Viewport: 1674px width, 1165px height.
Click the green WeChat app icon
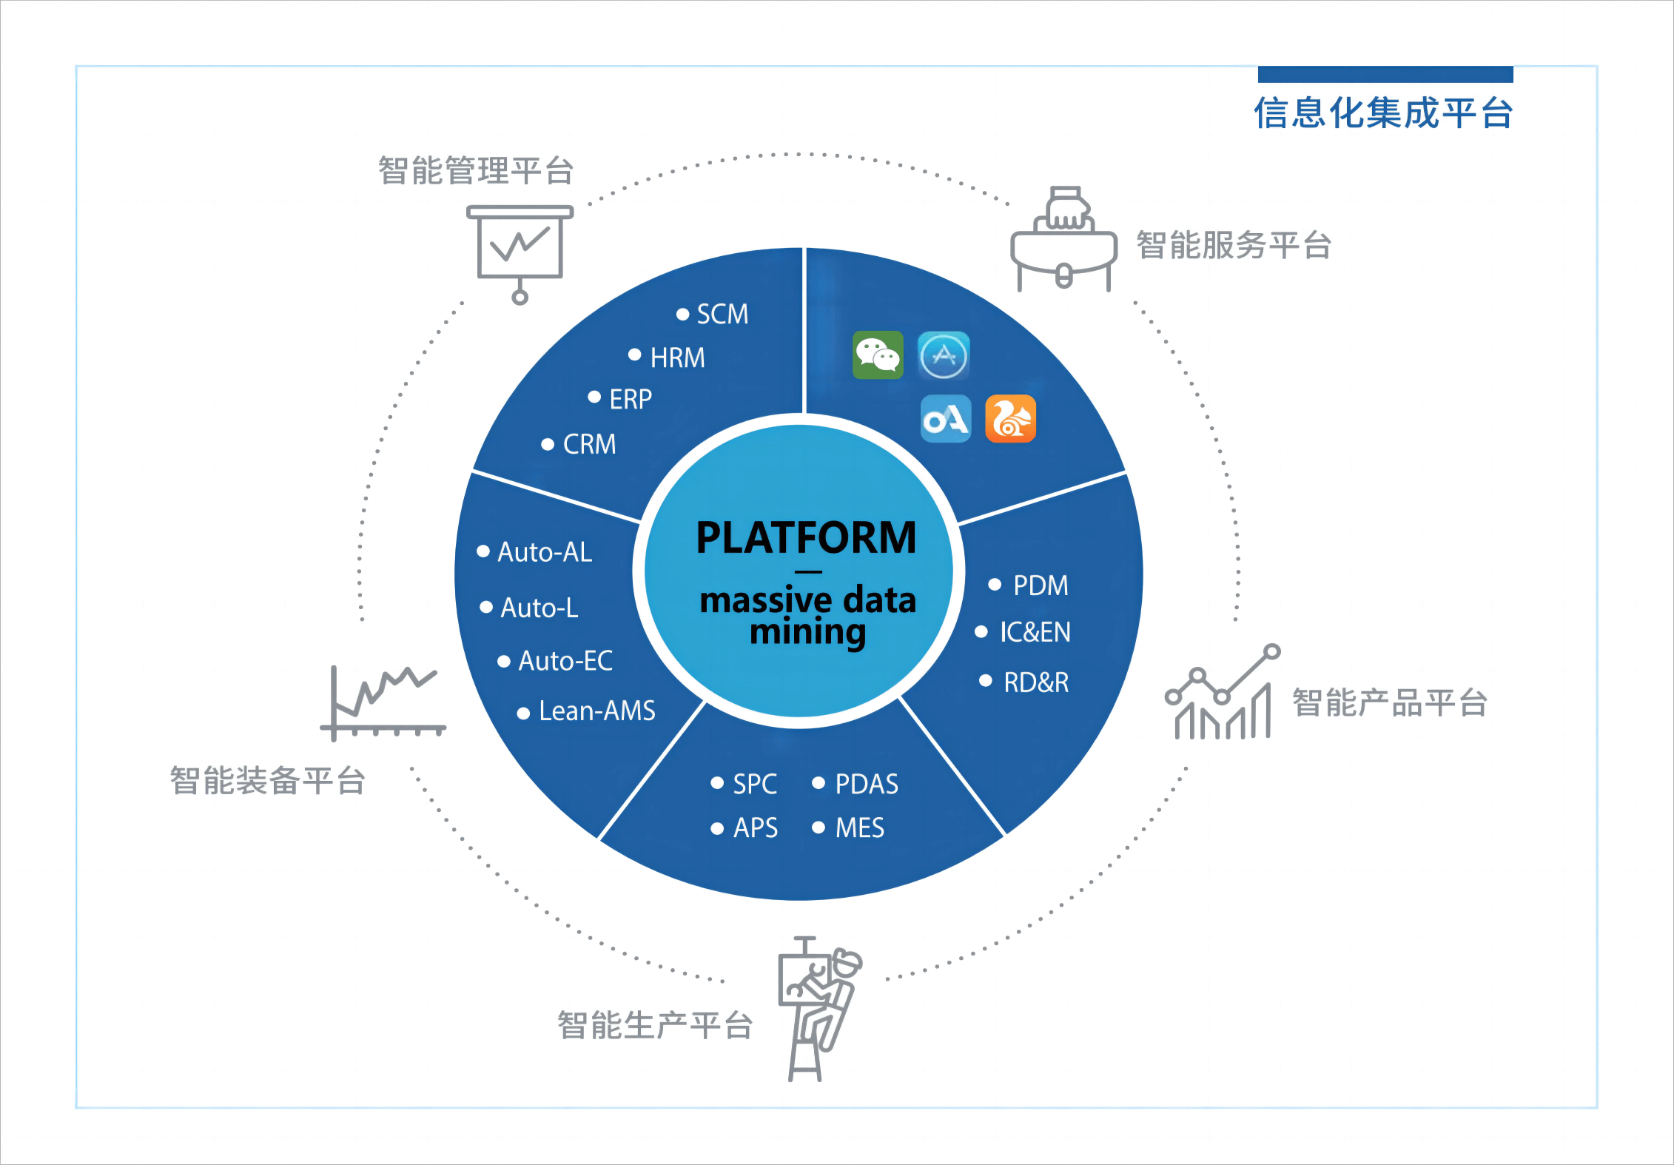878,355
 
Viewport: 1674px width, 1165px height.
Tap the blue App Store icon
944,355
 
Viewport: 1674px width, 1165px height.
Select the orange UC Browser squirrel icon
1010,419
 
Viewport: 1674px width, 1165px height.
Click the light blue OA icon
946,419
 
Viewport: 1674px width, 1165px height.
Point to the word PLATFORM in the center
806,537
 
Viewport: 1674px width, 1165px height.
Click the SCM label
722,315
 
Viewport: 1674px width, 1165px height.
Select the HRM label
676,358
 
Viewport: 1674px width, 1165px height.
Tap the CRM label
589,444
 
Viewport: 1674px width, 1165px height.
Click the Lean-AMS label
596,711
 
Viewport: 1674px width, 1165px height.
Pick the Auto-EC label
565,661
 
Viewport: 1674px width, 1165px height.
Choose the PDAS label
866,785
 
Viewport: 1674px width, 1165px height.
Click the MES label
859,828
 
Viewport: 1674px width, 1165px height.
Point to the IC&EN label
1035,632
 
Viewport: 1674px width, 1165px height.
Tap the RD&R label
1035,682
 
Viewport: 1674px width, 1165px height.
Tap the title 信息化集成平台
1382,114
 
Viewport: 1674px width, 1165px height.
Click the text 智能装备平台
268,781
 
